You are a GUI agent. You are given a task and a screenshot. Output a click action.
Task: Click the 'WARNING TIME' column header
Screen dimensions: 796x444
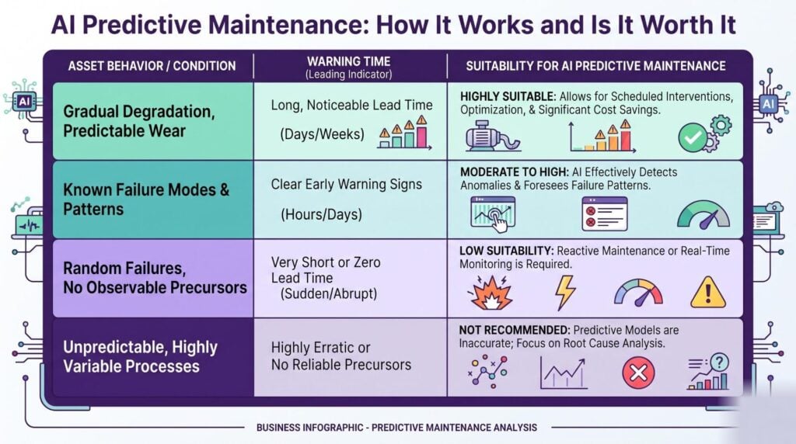click(348, 61)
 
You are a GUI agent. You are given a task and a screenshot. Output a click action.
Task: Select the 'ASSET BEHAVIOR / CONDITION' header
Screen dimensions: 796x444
click(152, 66)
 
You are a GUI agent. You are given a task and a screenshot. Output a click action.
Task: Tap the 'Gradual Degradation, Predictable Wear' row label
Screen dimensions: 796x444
click(138, 121)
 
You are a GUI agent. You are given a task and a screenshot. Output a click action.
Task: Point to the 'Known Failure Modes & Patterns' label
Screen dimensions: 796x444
click(146, 199)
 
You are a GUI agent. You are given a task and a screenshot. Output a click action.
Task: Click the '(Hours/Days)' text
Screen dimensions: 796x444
click(321, 214)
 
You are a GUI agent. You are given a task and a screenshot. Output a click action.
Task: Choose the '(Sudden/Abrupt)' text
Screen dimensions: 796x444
click(329, 294)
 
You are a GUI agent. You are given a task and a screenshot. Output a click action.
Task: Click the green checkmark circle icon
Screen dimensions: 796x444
click(693, 137)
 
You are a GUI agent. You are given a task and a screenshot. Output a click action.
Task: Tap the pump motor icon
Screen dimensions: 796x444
click(493, 136)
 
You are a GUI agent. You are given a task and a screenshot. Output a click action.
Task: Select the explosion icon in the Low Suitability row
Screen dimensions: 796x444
click(490, 293)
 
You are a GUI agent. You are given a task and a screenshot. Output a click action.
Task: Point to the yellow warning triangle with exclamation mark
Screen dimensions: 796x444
click(708, 293)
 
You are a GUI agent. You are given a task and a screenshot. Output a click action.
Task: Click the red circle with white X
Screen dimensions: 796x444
click(638, 373)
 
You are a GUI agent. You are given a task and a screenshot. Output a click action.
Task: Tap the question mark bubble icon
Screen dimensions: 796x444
click(719, 362)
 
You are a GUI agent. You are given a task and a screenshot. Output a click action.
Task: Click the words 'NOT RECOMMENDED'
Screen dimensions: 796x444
click(514, 331)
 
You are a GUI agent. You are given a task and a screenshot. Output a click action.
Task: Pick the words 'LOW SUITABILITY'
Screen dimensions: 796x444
click(506, 251)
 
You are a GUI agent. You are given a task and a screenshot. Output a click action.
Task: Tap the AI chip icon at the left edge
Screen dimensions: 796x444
click(24, 101)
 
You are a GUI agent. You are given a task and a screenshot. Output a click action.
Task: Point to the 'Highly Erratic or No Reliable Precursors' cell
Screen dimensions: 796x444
click(341, 356)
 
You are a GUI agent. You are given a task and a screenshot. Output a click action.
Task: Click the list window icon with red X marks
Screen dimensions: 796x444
click(605, 214)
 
